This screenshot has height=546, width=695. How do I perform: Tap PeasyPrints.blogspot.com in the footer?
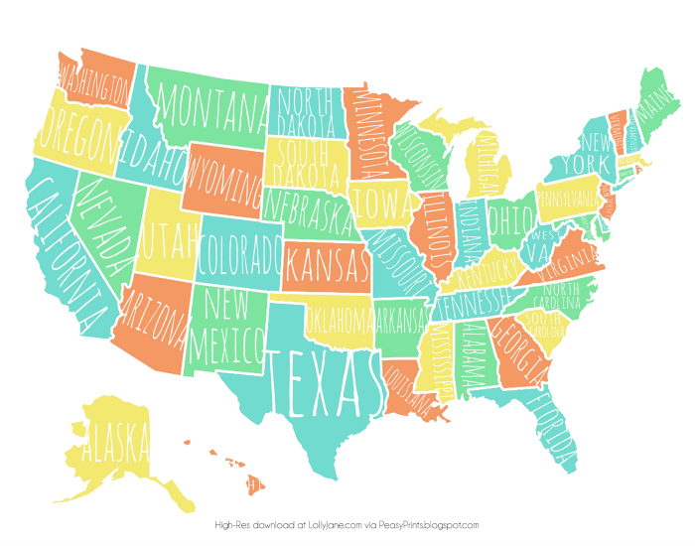(430, 525)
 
